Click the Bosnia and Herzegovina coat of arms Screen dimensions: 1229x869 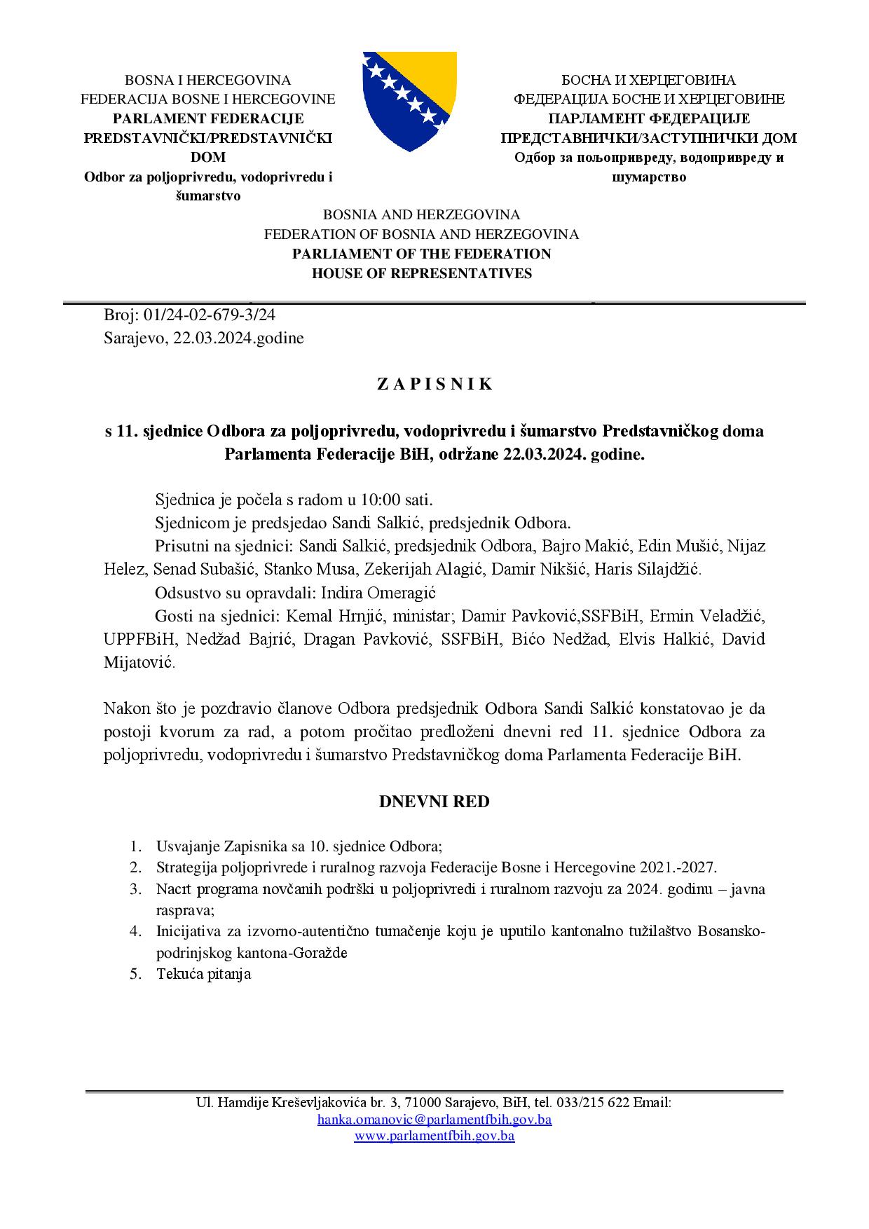tap(409, 101)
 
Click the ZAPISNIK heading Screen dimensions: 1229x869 tap(434, 384)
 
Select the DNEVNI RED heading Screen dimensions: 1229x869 tap(434, 802)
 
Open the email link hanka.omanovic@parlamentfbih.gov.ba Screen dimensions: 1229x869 tap(434, 1119)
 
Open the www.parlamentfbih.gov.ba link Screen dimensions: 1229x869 tap(434, 1136)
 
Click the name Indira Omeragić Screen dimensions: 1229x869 tap(378, 593)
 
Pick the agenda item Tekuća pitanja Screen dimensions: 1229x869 tap(204, 974)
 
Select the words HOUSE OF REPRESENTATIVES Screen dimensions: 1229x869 tap(422, 273)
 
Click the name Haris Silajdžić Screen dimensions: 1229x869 tap(647, 569)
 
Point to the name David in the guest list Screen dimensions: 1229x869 tap(744, 639)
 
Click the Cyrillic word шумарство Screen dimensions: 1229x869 tap(649, 177)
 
